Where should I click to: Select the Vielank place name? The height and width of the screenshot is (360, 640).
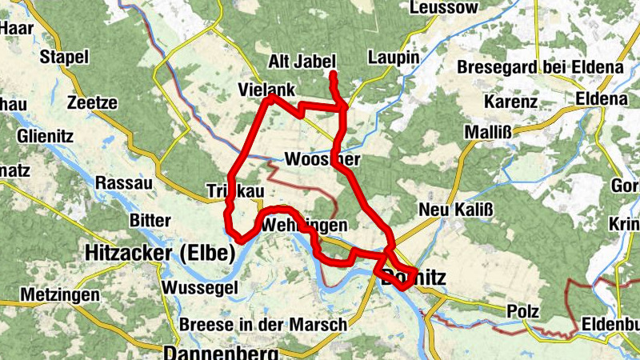coord(267,89)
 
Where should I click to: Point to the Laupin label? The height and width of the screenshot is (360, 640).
coord(394,58)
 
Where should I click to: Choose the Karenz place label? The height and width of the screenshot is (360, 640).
coord(510,102)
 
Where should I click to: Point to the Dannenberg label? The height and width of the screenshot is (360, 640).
coord(221,352)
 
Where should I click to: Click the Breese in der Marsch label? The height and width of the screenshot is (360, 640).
coord(264,325)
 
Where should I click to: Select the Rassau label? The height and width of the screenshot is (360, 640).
coord(123,182)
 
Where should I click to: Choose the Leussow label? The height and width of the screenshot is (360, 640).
coord(444,7)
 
